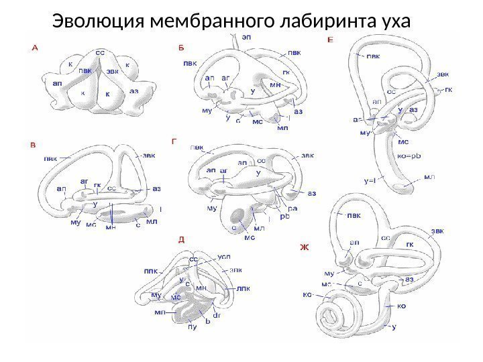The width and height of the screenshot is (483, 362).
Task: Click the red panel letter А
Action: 35,48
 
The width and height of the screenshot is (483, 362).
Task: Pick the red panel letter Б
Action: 180,48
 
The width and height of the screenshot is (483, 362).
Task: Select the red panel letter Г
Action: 175,141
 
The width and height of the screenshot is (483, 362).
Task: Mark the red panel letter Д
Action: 180,238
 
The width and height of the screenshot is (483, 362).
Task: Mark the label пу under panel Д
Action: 192,327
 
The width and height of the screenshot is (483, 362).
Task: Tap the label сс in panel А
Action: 100,52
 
